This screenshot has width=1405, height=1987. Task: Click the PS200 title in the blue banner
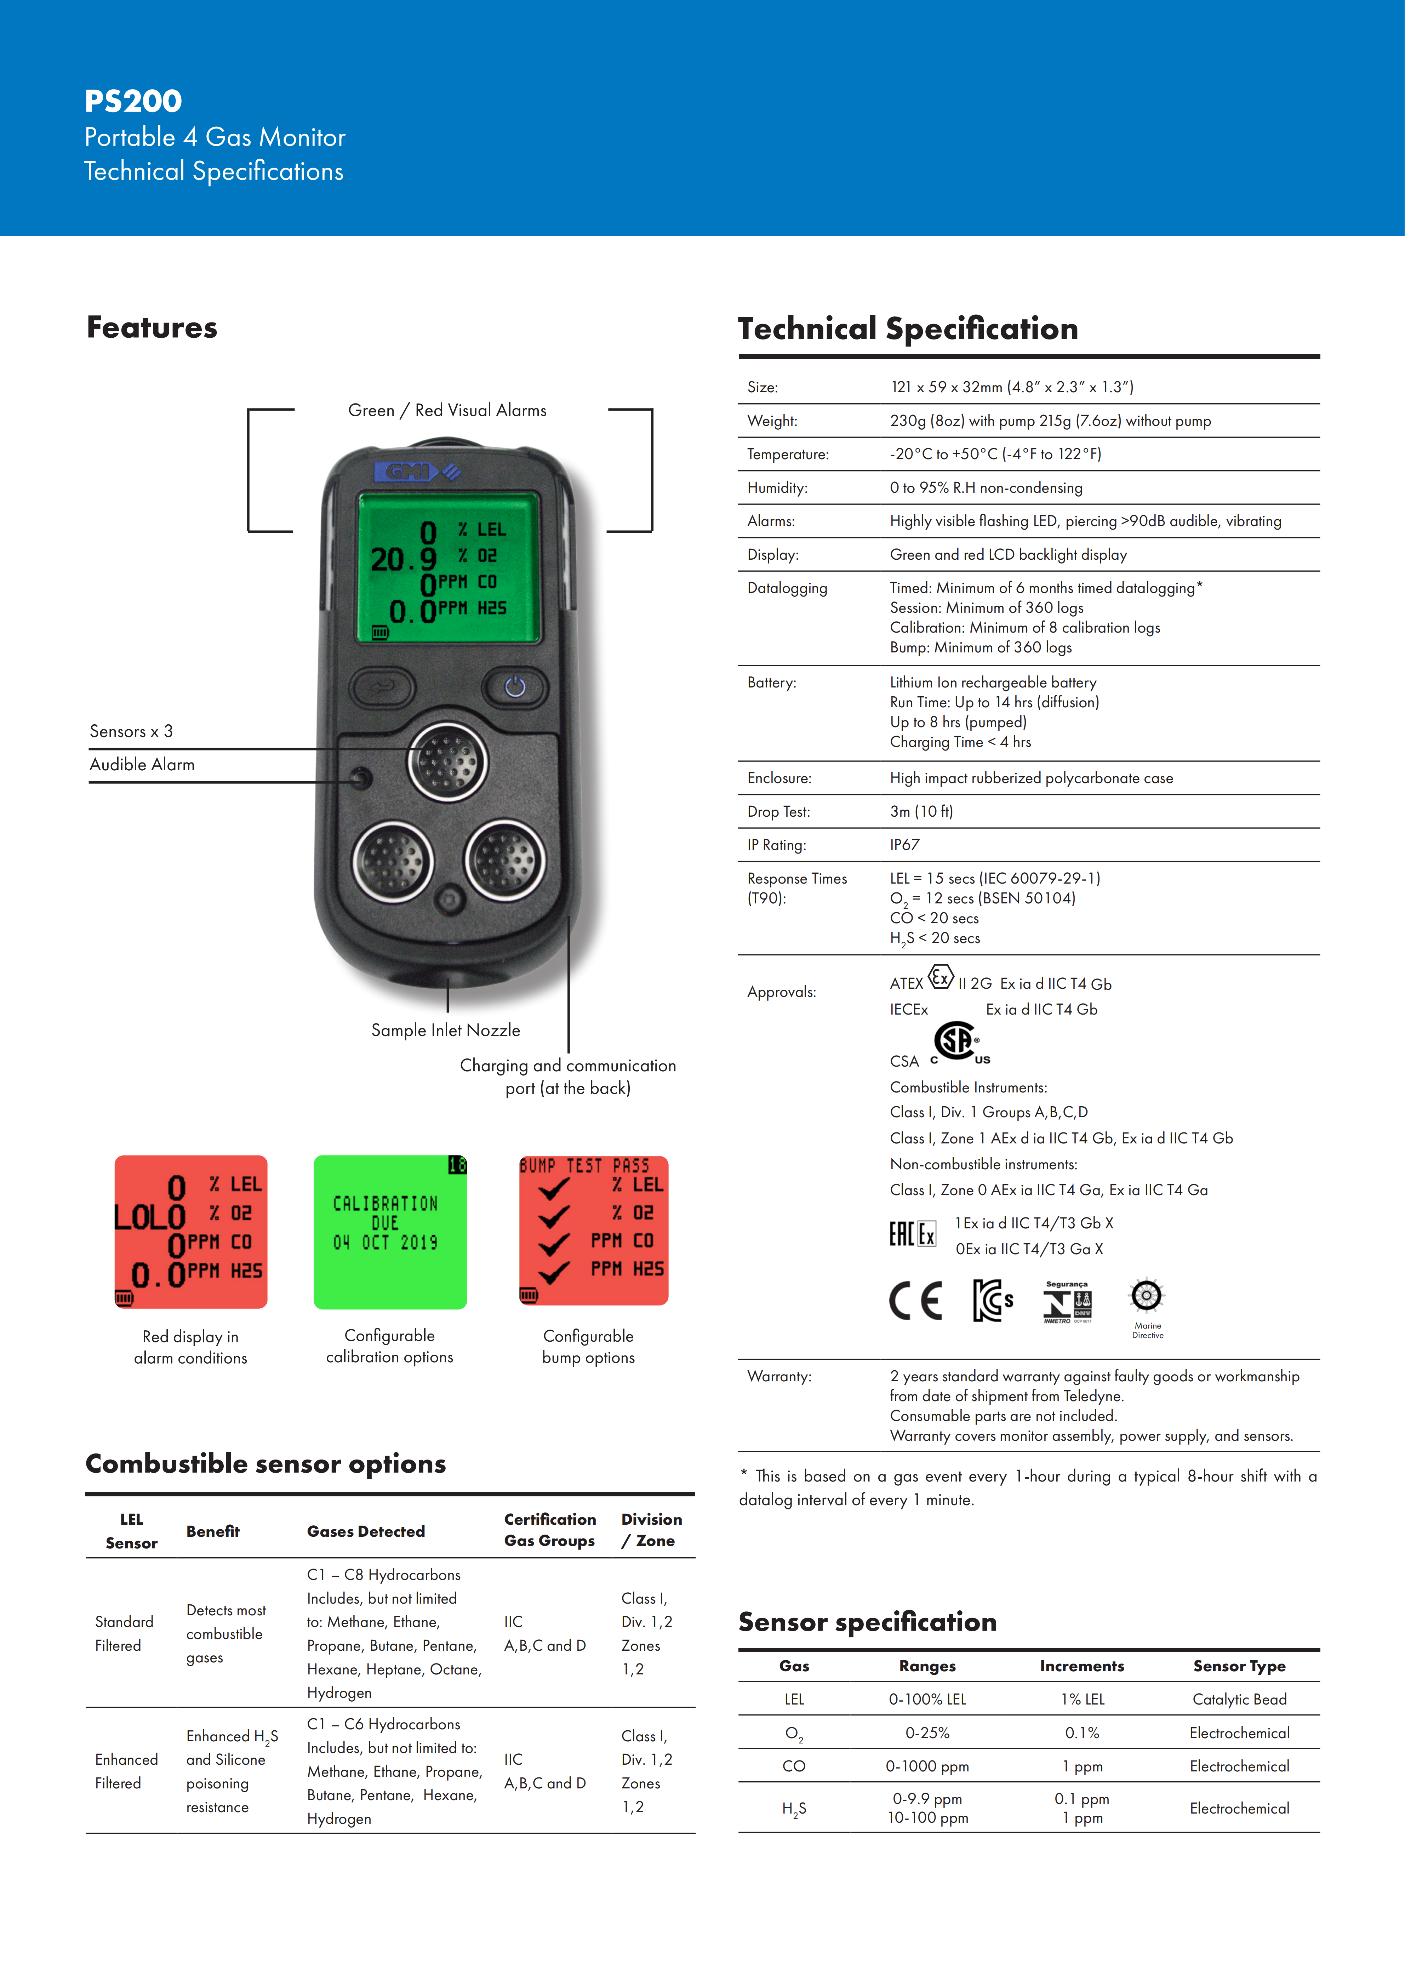[x=133, y=101]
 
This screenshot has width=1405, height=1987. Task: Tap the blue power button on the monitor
[x=515, y=687]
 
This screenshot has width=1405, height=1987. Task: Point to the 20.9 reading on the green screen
[x=403, y=560]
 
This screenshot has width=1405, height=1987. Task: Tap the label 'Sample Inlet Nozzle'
[x=446, y=1030]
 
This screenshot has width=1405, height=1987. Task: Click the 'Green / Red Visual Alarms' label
[x=447, y=410]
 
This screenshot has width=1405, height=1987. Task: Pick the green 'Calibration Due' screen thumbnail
[x=390, y=1232]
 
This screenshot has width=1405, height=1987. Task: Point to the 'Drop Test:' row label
[x=779, y=812]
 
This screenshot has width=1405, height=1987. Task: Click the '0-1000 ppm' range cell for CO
[x=926, y=1766]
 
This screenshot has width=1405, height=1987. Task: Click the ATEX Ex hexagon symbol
[x=941, y=978]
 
